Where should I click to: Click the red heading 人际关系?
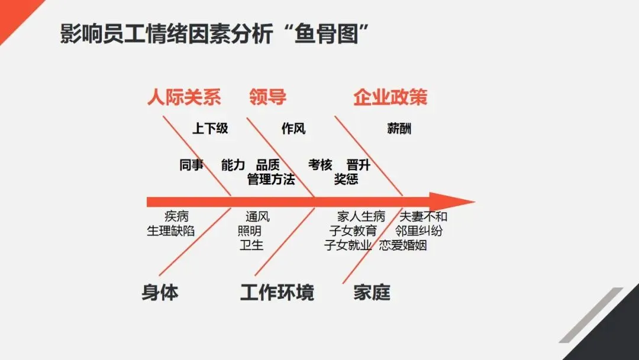(x=184, y=97)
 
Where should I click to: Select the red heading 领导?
(x=267, y=97)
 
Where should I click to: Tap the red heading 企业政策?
(x=390, y=97)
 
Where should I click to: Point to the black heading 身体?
(x=160, y=292)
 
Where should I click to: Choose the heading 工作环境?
(x=277, y=292)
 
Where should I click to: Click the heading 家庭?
(x=372, y=292)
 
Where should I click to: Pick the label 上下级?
(x=210, y=128)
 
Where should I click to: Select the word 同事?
(x=191, y=165)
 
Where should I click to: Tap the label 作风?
(x=293, y=128)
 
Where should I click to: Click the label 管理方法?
(x=271, y=179)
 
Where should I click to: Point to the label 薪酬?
(x=399, y=128)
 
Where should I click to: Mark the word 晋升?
(x=359, y=165)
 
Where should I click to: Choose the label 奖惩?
(x=346, y=179)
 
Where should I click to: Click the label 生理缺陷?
(x=170, y=231)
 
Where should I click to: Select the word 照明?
(x=250, y=231)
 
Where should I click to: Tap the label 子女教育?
(x=353, y=231)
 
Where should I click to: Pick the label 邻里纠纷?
(x=419, y=231)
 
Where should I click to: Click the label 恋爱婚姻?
(x=403, y=245)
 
